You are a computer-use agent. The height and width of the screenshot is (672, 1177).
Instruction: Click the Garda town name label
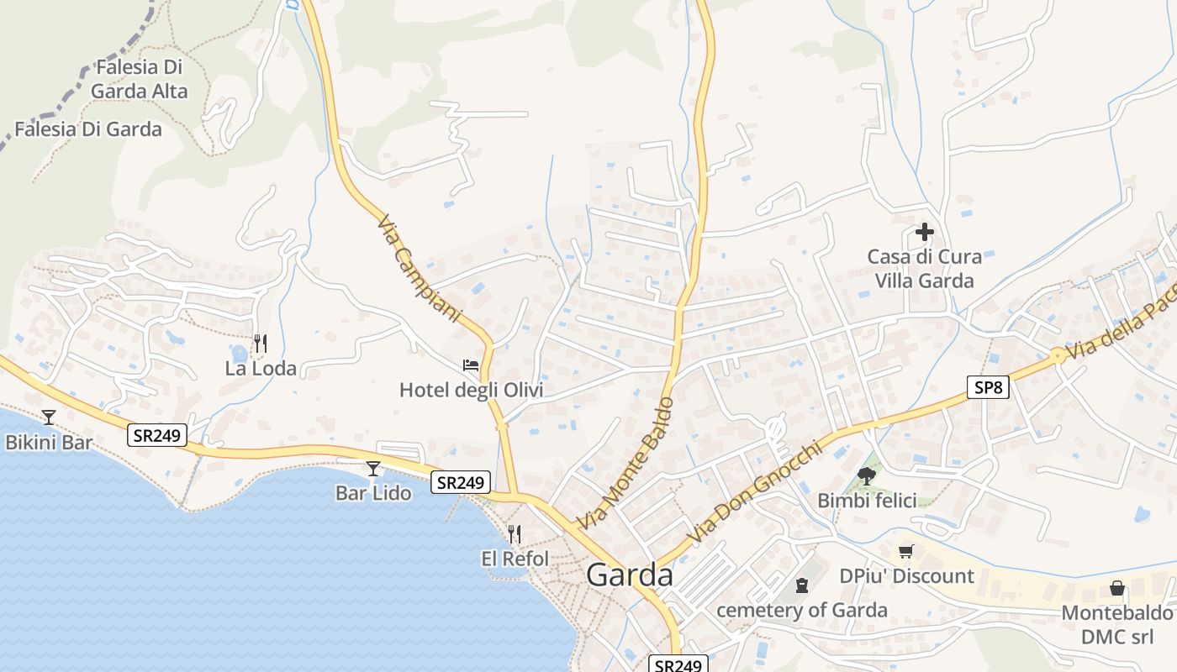[x=630, y=575]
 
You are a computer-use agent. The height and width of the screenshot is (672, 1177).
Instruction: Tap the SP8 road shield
[x=987, y=387]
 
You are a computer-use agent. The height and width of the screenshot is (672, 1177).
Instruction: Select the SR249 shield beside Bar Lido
[x=461, y=482]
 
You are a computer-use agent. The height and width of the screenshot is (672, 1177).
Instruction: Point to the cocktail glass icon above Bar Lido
[x=373, y=469]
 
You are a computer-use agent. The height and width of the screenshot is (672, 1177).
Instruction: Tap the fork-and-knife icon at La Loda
[x=261, y=344]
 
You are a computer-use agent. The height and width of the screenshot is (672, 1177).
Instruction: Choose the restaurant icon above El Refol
[x=515, y=533]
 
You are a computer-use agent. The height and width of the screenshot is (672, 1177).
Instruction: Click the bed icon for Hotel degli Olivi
[x=471, y=366]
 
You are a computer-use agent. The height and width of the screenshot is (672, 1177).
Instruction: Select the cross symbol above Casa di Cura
[x=925, y=232]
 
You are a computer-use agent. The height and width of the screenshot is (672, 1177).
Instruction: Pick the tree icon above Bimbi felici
[x=867, y=476]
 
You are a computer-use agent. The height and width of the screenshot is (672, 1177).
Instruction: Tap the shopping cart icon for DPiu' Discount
[x=905, y=552]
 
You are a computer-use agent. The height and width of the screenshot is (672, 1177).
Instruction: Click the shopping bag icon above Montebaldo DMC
[x=1117, y=588]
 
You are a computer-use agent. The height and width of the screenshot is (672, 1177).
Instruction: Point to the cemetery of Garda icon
[x=802, y=585]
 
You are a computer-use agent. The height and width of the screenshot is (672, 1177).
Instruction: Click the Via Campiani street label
[x=420, y=269]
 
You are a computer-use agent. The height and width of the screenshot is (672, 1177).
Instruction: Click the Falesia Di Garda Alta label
[x=140, y=79]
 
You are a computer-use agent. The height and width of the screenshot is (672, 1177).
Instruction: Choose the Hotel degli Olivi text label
[x=471, y=390]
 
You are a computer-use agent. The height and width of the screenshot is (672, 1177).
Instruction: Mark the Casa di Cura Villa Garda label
[x=924, y=268]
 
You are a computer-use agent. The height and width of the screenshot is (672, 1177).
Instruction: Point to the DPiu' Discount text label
[x=906, y=576]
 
